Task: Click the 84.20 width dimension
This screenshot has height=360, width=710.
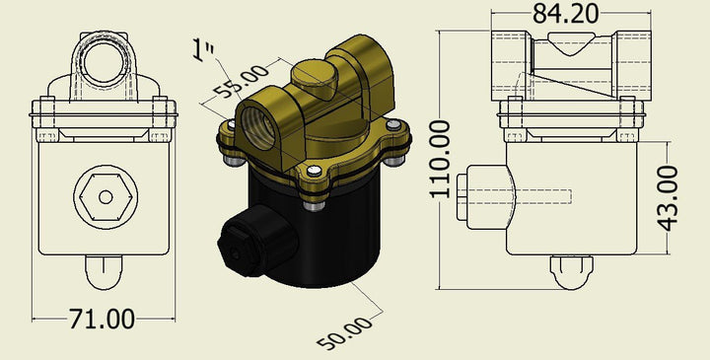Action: [x=565, y=14]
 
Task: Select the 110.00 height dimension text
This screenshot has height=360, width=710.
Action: [x=440, y=159]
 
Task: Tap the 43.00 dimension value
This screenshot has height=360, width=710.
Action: [x=668, y=198]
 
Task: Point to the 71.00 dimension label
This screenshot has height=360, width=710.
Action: [x=102, y=319]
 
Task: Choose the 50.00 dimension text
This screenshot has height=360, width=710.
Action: [x=344, y=333]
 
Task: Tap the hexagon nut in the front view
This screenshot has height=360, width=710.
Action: [x=106, y=197]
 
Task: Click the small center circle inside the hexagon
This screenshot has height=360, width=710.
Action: [x=106, y=197]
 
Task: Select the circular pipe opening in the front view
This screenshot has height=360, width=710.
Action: [x=104, y=63]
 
